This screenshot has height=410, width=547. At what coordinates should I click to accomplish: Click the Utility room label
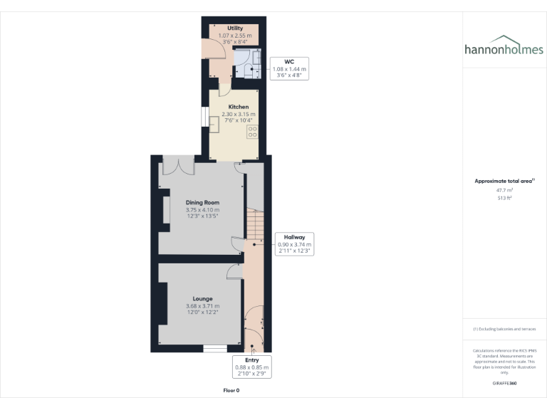(x=225, y=28)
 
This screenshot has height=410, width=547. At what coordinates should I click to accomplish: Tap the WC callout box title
(x=289, y=62)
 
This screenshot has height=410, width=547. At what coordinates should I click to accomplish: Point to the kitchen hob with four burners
(x=252, y=132)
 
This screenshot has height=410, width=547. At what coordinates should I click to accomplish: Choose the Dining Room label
(x=202, y=203)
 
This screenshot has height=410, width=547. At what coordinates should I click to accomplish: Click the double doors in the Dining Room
(x=179, y=165)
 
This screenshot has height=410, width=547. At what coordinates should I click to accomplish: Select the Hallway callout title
(x=294, y=237)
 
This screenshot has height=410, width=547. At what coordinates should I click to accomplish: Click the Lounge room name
(x=202, y=298)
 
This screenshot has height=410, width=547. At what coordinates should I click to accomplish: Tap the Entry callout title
(x=252, y=360)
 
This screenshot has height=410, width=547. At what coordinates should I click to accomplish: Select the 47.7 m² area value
(x=505, y=190)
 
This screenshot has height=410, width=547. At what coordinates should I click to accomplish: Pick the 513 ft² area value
(x=505, y=199)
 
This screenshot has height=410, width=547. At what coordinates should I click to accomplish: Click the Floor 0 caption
(x=231, y=391)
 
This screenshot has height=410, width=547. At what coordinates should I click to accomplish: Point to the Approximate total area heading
(x=504, y=181)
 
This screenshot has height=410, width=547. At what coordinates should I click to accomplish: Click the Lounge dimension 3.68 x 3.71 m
(x=202, y=306)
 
